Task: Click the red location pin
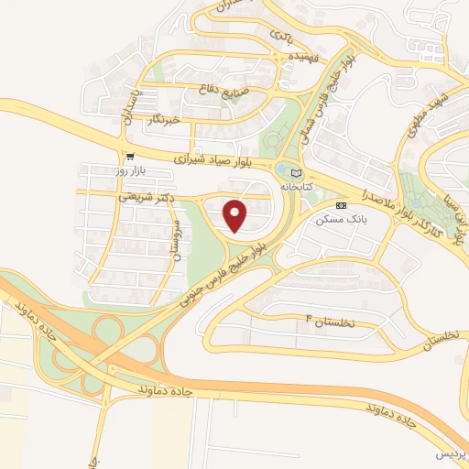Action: point(235,215)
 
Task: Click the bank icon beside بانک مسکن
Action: point(341,205)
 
